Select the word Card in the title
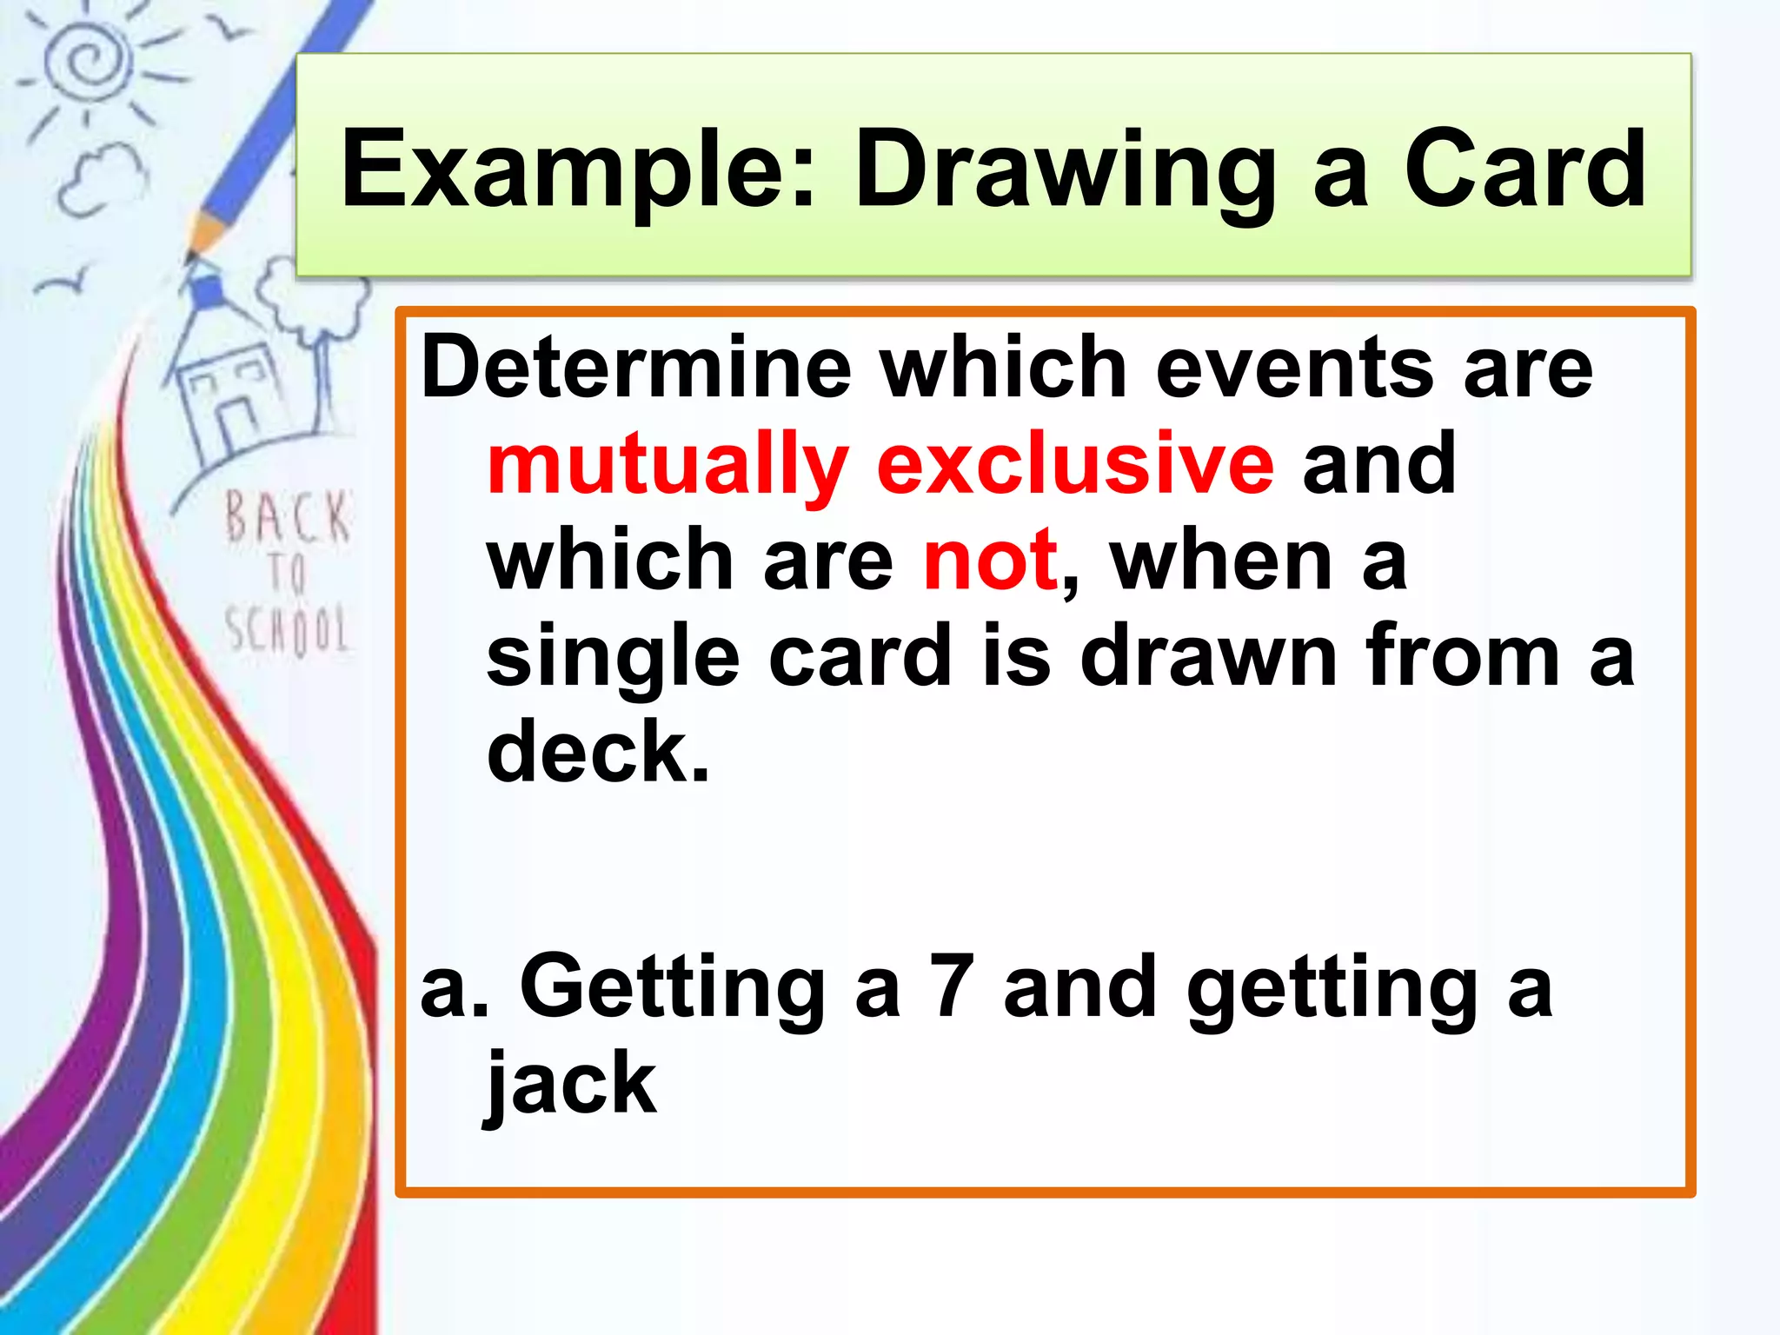click(x=1524, y=169)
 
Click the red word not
click(x=990, y=561)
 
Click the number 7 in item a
click(x=951, y=986)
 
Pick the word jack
click(x=571, y=1085)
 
